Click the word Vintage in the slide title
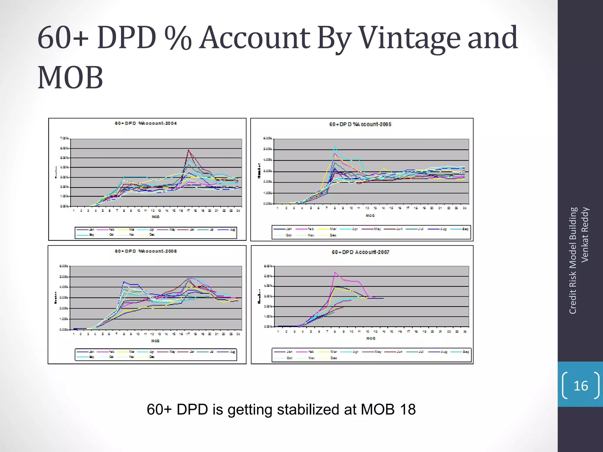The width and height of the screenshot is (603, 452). coord(410,38)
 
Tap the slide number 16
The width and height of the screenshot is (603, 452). coord(581,386)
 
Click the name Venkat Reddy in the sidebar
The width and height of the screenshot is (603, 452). coord(585,235)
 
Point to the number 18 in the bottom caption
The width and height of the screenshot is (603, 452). coord(407,409)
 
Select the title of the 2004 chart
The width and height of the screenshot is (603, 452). coord(146,123)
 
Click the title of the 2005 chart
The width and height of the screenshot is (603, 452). coord(360,124)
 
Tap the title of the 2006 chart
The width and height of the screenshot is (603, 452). coord(146,251)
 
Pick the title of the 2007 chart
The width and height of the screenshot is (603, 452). coord(360,252)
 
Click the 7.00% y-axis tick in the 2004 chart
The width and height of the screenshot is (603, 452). coord(64,138)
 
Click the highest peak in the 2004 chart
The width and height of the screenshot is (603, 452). coord(188,150)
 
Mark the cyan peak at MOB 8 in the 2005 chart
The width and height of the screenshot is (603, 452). coord(334,146)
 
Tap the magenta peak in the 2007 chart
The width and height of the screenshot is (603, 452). coord(335,272)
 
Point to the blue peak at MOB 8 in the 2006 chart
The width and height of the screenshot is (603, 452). coord(124,282)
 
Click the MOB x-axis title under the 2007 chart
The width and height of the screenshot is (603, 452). coord(371,338)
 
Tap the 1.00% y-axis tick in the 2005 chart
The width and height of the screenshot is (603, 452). coord(268,193)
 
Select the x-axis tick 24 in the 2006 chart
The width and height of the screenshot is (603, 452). coord(238,334)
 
